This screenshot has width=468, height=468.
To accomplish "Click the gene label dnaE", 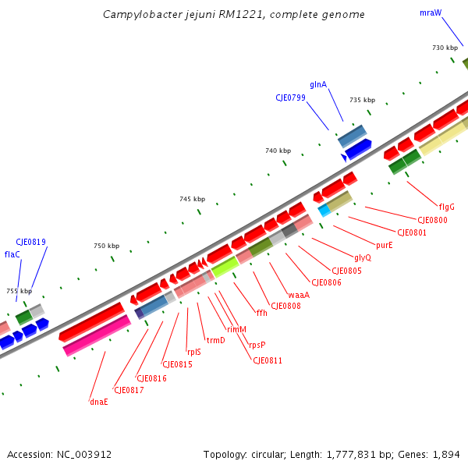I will [98, 402].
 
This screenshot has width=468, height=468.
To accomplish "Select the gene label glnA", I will [318, 84].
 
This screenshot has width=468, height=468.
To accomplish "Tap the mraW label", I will [430, 13].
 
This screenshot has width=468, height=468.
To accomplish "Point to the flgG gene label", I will [446, 207].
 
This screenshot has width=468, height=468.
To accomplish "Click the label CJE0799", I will [290, 98].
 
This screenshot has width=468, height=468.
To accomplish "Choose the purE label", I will [385, 245].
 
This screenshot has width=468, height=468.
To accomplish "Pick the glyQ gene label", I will [363, 257].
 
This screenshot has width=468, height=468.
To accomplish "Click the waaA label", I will [299, 295].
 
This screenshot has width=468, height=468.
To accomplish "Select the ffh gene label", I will [262, 313].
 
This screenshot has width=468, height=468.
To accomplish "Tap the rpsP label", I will [257, 345].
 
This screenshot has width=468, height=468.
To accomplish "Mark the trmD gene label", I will [215, 340].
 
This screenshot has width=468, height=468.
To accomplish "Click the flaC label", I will [12, 254].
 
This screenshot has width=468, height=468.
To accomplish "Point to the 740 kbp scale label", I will [278, 151].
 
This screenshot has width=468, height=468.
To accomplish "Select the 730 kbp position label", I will [445, 48].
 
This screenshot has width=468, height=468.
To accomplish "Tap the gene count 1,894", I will [445, 455].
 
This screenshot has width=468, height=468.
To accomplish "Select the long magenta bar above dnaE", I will [97, 335].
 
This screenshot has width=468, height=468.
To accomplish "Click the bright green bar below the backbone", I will [225, 267].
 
